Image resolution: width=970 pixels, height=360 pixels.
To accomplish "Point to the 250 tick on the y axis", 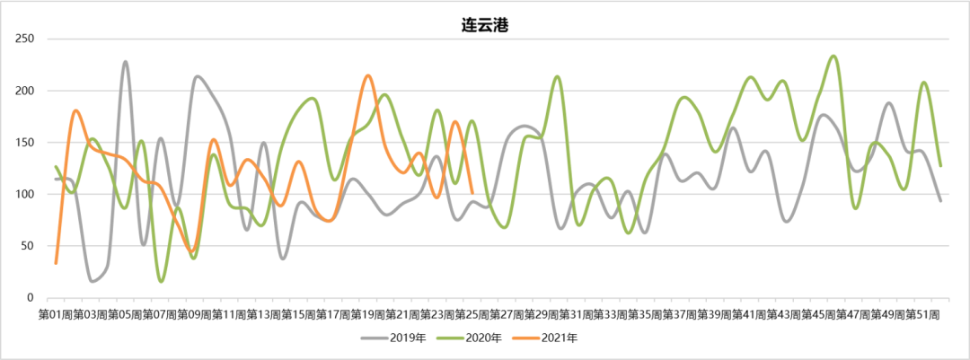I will coord(25,40).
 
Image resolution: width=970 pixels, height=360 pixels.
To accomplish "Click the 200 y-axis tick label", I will coord(25,91).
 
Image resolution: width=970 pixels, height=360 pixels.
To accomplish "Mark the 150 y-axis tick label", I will coord(25,143).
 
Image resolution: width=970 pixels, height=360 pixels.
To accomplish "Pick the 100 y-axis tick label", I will coord(25,194).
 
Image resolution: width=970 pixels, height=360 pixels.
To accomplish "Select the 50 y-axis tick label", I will coord(28,246).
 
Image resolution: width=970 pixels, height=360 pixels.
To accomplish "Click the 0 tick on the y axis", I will coord(31,297).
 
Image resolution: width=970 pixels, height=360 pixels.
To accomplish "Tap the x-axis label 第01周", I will coord(56,314).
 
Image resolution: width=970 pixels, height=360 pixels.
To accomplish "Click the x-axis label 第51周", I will coord(922,314).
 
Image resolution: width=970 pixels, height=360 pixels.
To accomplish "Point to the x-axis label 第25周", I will coord(472,314).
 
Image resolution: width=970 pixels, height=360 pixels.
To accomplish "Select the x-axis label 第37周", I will coord(680,314).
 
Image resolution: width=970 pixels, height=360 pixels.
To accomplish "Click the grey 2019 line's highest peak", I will coord(126,62).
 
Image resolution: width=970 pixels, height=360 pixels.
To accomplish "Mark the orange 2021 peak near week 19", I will coord(368,75).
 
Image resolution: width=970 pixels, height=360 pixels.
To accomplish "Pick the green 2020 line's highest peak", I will coord(834,56).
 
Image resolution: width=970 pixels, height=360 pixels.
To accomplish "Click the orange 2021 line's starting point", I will coord(56,263).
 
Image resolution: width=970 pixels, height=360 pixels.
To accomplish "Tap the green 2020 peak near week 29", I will coord(558,76).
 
